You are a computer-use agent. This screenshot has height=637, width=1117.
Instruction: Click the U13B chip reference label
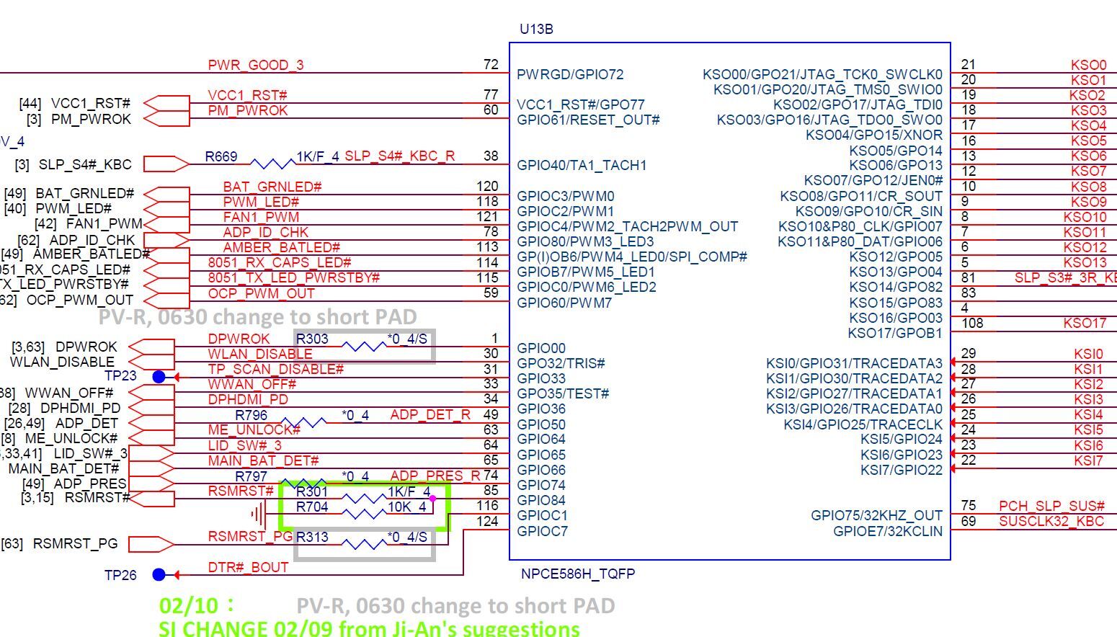coord(536,30)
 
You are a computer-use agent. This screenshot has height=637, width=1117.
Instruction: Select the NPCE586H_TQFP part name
coord(577,574)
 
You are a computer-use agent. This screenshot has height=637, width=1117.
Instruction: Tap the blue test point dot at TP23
coord(159,377)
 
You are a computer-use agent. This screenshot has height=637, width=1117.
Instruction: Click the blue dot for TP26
coord(159,574)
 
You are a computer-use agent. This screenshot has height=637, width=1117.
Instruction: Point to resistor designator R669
coord(221,156)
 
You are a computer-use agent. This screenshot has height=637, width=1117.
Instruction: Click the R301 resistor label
coord(311,491)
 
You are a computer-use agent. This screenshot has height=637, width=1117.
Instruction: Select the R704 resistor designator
coord(311,507)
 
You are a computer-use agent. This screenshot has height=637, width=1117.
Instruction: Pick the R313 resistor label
coord(311,537)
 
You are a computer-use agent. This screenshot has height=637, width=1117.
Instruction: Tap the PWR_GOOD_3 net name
coord(256,65)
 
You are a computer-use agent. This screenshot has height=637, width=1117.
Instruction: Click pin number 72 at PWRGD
coord(491,64)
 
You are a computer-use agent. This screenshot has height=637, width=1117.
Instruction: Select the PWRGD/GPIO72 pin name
coord(570,74)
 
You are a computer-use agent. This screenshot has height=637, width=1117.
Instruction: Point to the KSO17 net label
coord(1084,323)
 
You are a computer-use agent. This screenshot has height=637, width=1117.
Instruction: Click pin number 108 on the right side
coord(972,323)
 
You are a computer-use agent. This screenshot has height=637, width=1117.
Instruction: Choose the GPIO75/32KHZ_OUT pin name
coord(876,515)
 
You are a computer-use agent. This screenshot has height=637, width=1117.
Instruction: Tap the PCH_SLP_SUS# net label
coord(1051,506)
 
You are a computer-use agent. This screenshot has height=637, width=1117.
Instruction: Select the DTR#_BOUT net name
coord(248,567)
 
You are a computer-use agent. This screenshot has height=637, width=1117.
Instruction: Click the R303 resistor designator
coord(312,339)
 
